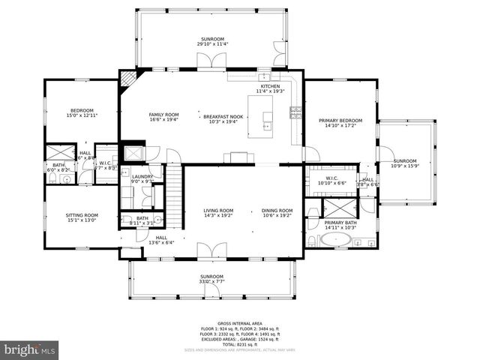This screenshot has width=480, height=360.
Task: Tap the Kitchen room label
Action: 270,86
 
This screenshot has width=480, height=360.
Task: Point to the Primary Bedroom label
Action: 340,121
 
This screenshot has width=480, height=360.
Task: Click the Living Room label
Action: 218,210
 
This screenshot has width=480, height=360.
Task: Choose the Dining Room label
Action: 277,210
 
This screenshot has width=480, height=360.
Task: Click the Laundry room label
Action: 142,176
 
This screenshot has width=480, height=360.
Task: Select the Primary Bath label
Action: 340,223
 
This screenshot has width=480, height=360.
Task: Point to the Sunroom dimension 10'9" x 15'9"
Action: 405,166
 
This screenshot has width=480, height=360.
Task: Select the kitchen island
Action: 268,120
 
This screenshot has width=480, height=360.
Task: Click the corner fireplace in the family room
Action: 129,78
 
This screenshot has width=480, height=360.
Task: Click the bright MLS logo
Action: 30,349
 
